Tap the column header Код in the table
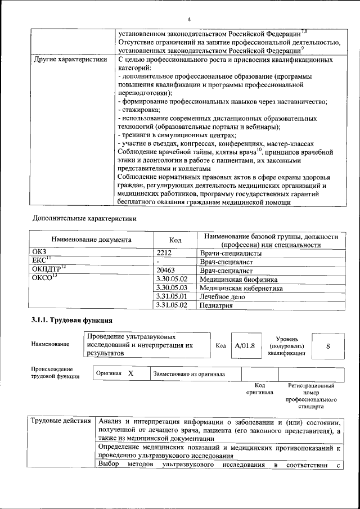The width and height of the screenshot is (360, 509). (175, 240)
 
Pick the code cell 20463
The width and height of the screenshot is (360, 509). (168, 271)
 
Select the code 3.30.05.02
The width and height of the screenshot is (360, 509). (171, 280)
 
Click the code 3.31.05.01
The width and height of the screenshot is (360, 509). (171, 296)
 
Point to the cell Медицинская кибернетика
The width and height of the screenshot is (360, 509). (241, 288)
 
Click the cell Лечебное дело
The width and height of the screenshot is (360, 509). (222, 296)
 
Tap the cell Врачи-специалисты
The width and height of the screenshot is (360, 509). (227, 253)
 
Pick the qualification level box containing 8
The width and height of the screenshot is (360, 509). (328, 346)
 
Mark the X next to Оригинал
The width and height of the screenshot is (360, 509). (130, 373)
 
